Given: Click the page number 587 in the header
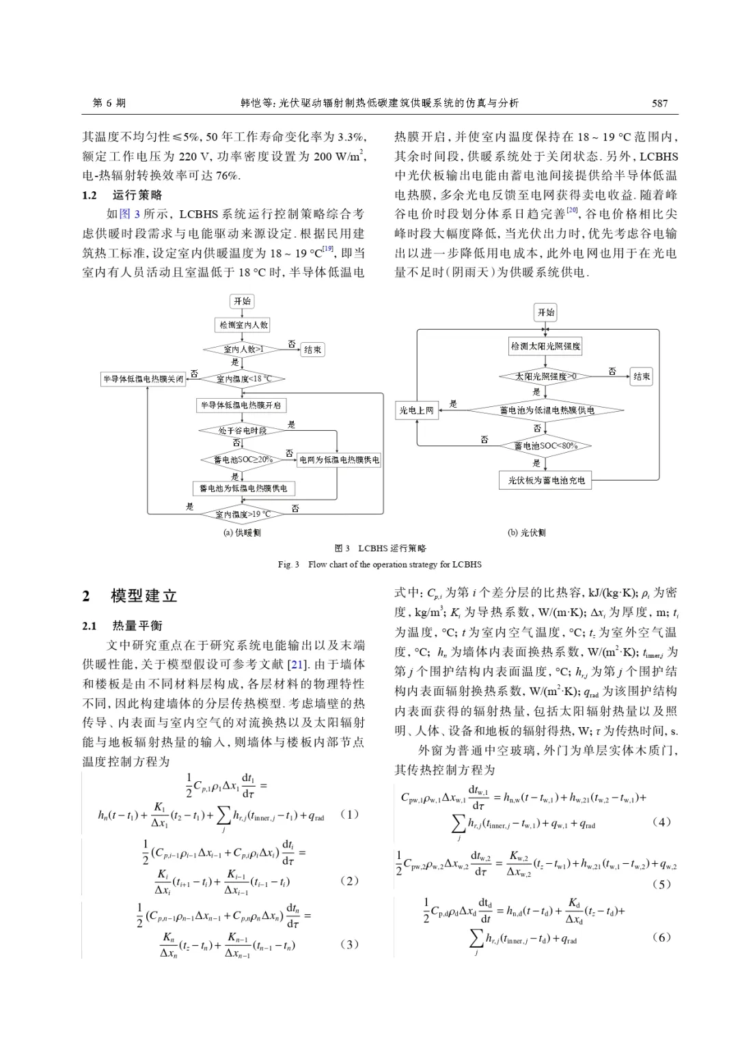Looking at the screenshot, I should [659, 103].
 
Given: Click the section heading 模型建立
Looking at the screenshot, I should [144, 596].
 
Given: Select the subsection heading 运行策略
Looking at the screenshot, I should [137, 195].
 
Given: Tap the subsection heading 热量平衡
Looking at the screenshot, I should [137, 625].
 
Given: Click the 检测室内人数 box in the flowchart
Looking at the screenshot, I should [244, 325].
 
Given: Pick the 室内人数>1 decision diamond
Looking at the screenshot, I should [243, 349].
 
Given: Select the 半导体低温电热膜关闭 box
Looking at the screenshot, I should [143, 379].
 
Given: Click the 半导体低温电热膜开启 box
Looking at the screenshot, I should [241, 406].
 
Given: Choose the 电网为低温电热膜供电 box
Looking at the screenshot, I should [339, 460].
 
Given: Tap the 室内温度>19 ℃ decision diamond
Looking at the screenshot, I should [243, 514].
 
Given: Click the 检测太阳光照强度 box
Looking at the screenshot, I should [546, 346].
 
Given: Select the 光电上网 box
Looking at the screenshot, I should [416, 410].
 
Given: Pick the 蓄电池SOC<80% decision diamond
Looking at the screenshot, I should [545, 446].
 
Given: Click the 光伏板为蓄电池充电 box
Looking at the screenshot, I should [546, 480].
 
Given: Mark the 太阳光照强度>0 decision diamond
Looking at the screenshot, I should [545, 376].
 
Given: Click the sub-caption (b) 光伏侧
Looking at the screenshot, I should [526, 533].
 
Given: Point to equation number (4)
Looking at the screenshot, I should [661, 821].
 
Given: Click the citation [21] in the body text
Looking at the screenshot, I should [296, 664].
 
